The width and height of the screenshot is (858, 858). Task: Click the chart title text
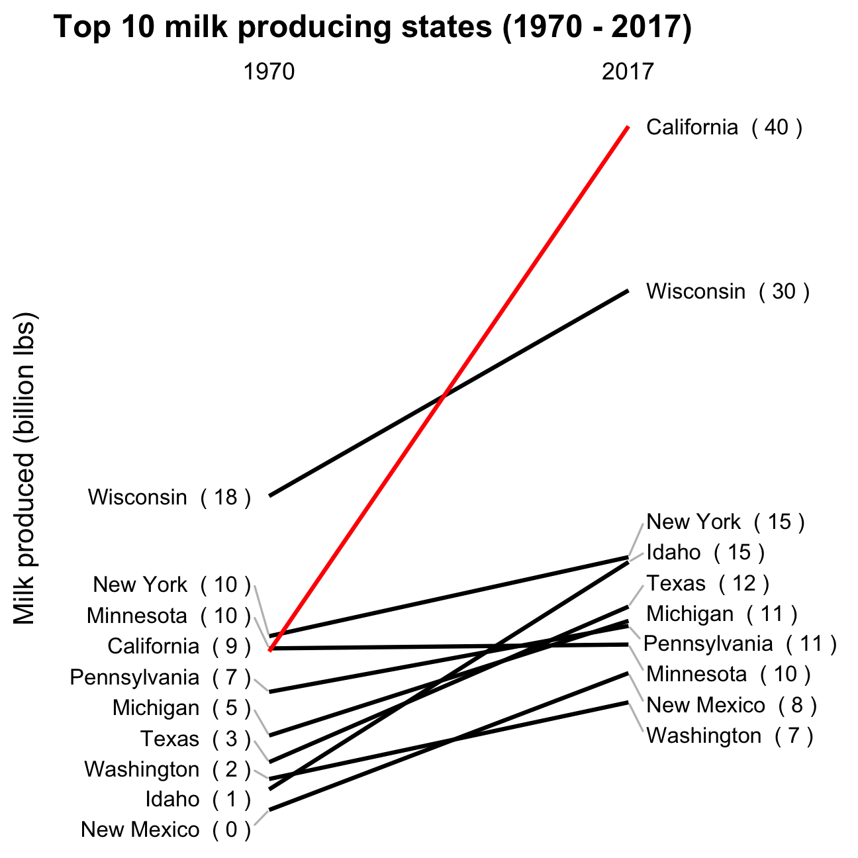[x=373, y=27]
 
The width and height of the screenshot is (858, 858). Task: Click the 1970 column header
[x=269, y=71]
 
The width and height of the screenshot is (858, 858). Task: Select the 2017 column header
[x=628, y=71]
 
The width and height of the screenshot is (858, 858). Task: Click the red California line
[x=449, y=389]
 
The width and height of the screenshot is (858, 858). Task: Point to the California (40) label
[x=724, y=127]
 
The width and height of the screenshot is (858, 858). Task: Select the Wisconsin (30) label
[x=728, y=292]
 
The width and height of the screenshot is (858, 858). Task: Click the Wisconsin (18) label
[x=169, y=497]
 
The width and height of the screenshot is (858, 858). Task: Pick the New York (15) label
[x=726, y=522]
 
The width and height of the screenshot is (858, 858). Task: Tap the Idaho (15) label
[x=706, y=553]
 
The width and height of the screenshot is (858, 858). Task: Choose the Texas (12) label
[x=708, y=583]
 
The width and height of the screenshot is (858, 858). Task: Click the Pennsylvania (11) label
[x=740, y=644]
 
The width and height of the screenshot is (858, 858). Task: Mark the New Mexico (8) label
[x=732, y=705]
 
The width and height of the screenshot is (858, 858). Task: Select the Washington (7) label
[x=730, y=736]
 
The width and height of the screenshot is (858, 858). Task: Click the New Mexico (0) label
[x=166, y=830]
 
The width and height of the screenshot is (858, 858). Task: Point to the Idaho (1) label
[x=199, y=799]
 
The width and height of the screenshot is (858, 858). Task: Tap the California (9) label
[x=179, y=647]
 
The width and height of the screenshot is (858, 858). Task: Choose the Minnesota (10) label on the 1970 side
[x=169, y=616]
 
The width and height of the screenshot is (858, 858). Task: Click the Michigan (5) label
[x=182, y=708]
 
